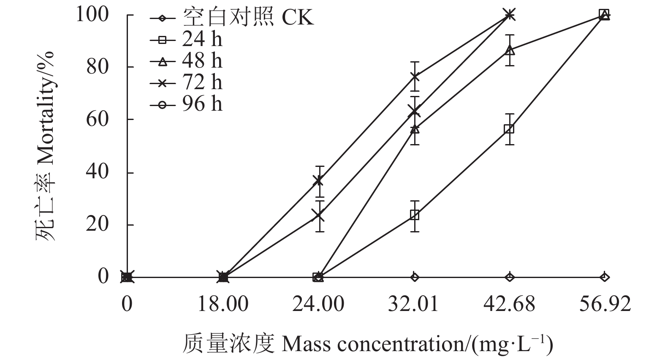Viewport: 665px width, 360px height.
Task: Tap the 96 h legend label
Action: tap(202, 104)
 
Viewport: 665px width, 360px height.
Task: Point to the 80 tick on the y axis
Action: tap(98, 67)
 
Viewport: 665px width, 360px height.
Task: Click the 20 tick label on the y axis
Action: tap(98, 225)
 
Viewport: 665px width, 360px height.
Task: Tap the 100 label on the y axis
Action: tap(92, 15)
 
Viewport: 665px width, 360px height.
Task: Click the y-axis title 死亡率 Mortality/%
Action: tap(46, 146)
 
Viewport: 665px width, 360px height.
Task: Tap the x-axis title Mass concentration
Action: tap(367, 344)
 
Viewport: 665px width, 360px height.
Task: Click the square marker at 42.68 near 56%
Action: tap(509, 129)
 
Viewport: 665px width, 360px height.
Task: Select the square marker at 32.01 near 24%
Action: tap(414, 215)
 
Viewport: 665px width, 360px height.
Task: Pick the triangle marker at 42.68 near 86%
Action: tap(510, 50)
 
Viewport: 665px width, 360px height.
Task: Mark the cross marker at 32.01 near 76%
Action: tap(414, 76)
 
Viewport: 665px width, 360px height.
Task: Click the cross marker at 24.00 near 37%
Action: tap(319, 181)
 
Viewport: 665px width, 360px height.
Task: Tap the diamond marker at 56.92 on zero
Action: tap(605, 277)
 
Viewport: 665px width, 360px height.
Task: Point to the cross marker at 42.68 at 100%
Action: tap(510, 15)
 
